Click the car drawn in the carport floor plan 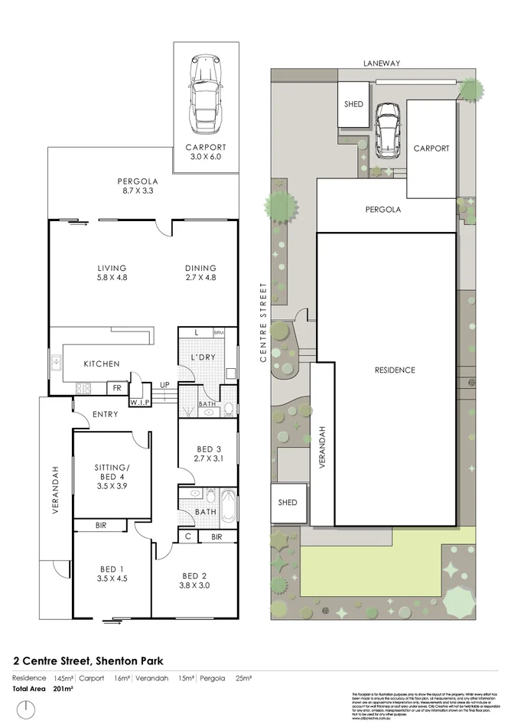tap(205, 91)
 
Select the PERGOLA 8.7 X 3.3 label tap(138, 186)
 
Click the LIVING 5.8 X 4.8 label tap(112, 272)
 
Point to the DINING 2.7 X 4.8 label tap(200, 272)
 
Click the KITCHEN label tap(101, 364)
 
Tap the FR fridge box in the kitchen tap(117, 388)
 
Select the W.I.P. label tap(139, 401)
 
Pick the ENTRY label tap(105, 414)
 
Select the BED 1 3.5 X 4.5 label tap(112, 573)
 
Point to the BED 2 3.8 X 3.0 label tap(194, 580)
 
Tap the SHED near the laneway tap(353, 104)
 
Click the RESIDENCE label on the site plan tap(395, 370)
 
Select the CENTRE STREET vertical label tap(262, 322)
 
